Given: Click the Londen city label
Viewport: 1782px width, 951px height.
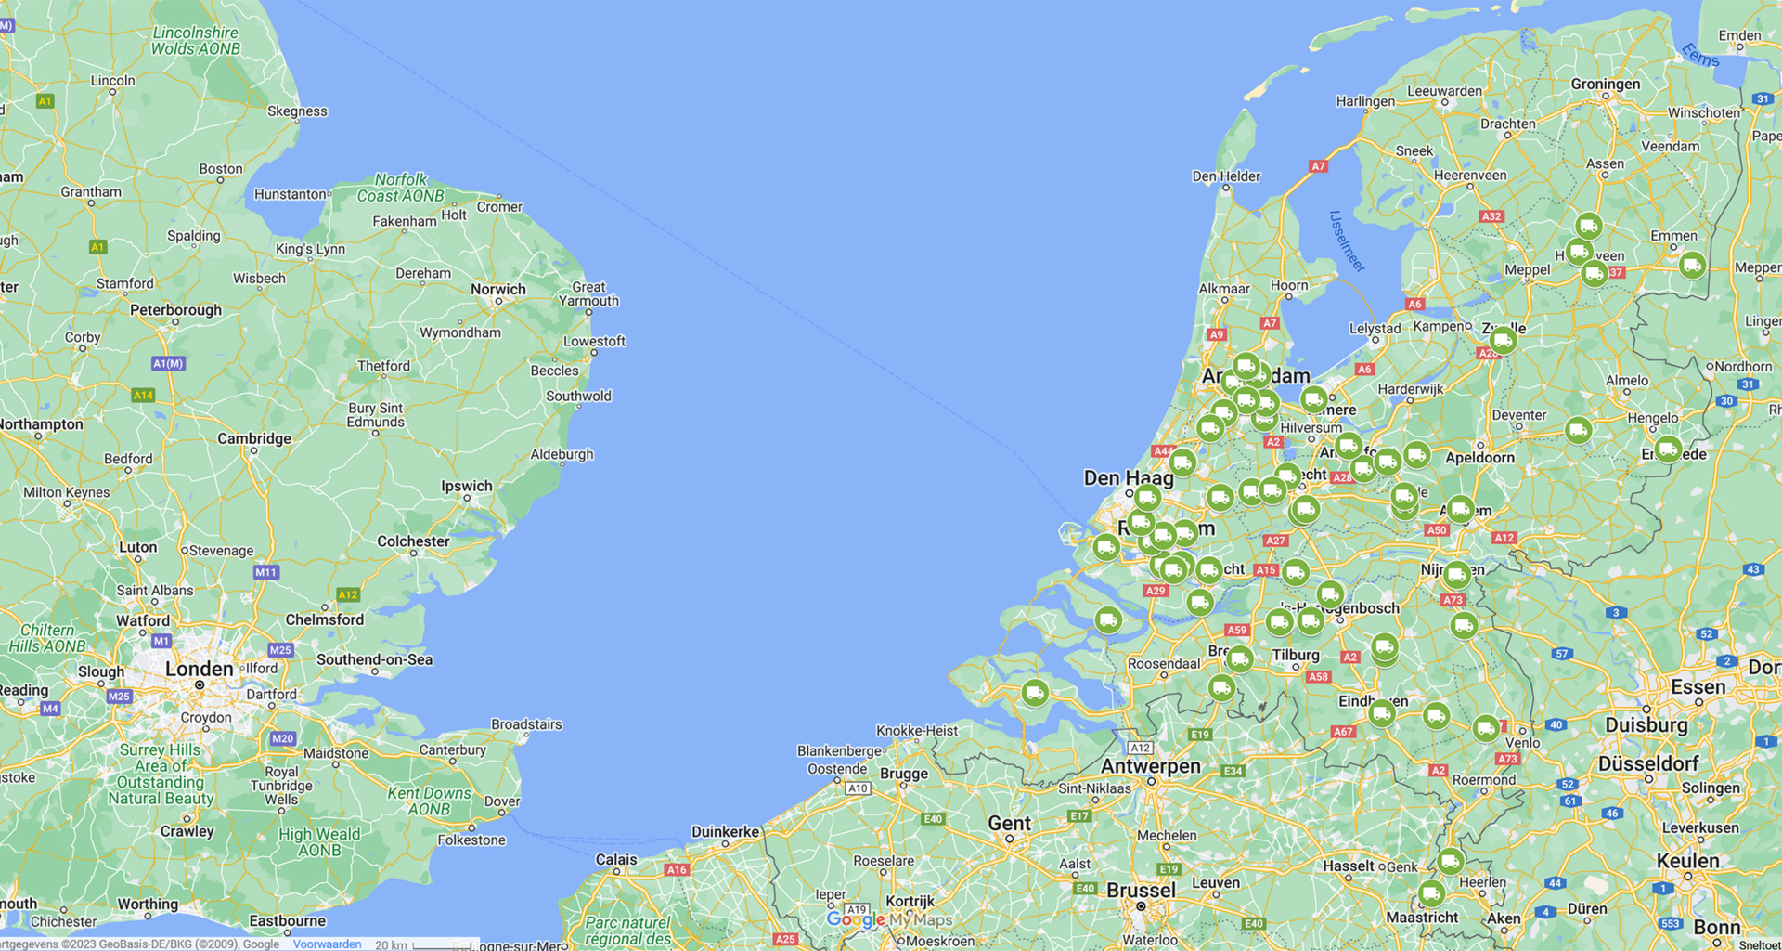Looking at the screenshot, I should click(199, 669).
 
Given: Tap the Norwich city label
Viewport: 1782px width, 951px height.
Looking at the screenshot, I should click(497, 289).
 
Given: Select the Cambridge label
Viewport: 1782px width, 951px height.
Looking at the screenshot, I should click(253, 438).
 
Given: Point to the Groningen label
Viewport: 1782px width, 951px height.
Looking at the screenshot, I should click(1605, 84).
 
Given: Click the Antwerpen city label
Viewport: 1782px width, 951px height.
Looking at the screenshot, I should click(1150, 766).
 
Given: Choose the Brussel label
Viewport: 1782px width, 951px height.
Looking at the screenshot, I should click(1141, 890).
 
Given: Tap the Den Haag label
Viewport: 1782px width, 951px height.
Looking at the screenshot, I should click(1128, 478).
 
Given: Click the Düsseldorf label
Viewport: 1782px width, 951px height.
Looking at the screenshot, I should click(1647, 763).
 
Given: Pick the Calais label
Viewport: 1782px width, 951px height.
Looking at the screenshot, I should click(616, 859).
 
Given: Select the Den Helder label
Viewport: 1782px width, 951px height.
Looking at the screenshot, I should click(1226, 176).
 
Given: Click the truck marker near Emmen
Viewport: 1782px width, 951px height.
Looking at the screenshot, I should click(1692, 265).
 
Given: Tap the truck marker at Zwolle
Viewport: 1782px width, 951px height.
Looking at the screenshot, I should click(1503, 341).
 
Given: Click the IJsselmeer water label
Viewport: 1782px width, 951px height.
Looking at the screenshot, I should click(1347, 241).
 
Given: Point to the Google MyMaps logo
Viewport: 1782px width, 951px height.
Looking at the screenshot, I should click(889, 919).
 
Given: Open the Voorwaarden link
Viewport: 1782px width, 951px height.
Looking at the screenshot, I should click(327, 944).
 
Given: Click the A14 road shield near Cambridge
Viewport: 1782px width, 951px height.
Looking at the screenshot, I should click(143, 395).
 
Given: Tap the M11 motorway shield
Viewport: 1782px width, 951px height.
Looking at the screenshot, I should click(265, 572).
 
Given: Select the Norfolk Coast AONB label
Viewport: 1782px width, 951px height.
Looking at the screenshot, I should click(401, 188).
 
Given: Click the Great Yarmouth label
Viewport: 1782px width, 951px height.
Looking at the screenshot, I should click(588, 293).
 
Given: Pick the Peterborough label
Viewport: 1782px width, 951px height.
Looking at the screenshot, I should click(175, 310).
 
